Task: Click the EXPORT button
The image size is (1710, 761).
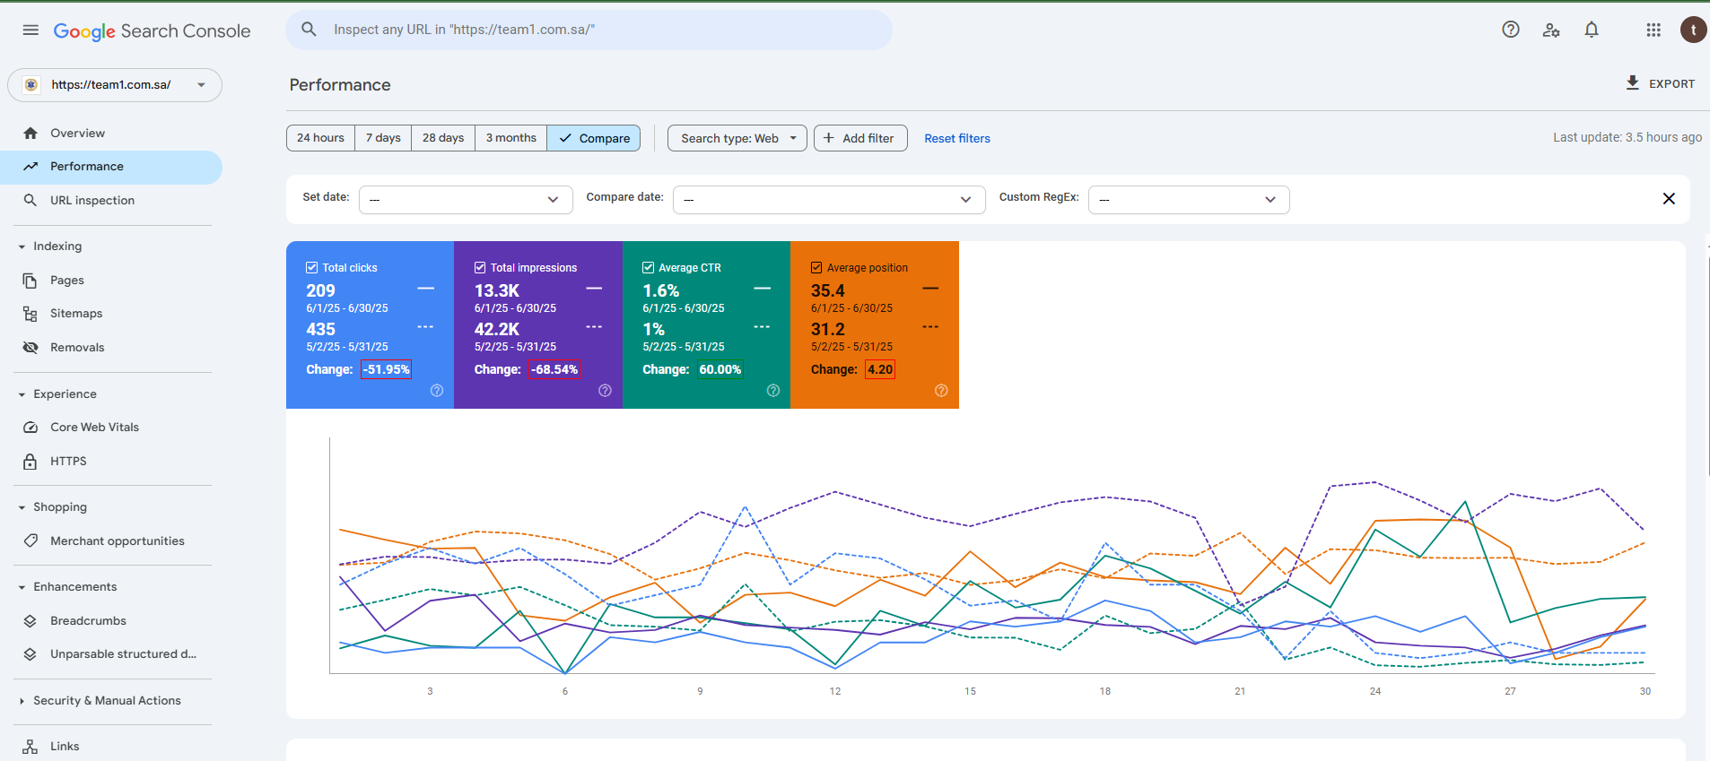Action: tap(1660, 83)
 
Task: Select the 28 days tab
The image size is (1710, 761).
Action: tap(443, 138)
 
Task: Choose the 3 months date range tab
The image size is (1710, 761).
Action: tap(510, 138)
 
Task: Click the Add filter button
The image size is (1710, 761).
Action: tap(860, 138)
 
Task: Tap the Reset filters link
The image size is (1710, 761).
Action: tap(957, 139)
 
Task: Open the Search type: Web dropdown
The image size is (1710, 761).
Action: tap(737, 138)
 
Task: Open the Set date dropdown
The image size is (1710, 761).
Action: tap(466, 200)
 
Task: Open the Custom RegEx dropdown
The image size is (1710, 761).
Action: tap(1189, 200)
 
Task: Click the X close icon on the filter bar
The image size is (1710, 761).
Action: tap(1669, 199)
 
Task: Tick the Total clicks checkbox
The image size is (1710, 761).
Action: tap(312, 267)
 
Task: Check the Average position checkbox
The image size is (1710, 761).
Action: tap(816, 267)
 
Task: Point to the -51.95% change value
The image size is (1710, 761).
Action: tap(386, 369)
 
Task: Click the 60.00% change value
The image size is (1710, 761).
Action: tap(720, 369)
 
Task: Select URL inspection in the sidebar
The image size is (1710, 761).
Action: tap(92, 201)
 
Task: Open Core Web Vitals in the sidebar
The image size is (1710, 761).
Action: tap(94, 428)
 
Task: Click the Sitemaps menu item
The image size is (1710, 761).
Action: tap(76, 314)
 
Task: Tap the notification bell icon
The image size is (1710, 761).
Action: tap(1592, 30)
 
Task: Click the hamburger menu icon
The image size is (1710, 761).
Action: tap(31, 30)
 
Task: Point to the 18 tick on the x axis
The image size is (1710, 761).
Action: tap(1105, 691)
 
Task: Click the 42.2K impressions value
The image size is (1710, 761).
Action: tap(497, 329)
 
